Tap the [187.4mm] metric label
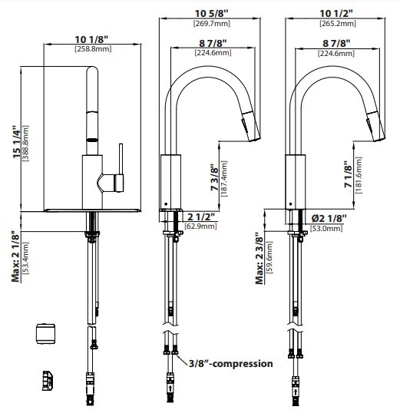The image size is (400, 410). click(x=224, y=179)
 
